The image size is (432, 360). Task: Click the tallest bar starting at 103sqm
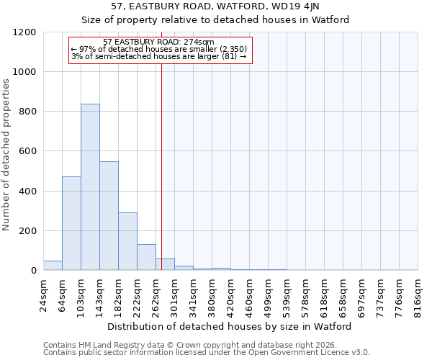tap(90, 187)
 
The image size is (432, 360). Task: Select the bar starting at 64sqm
tap(71, 223)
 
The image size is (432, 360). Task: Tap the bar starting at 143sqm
tap(109, 216)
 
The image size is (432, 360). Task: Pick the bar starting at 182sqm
tap(127, 241)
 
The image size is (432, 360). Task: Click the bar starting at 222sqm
tap(146, 257)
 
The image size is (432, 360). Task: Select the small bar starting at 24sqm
tap(53, 266)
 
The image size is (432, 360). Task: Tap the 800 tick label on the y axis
tap(27, 112)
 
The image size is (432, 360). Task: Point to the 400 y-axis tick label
tap(27, 192)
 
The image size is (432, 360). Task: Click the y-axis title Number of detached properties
tap(6, 155)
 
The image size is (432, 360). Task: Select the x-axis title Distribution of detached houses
tap(230, 326)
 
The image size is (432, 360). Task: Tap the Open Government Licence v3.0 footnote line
tap(206, 353)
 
